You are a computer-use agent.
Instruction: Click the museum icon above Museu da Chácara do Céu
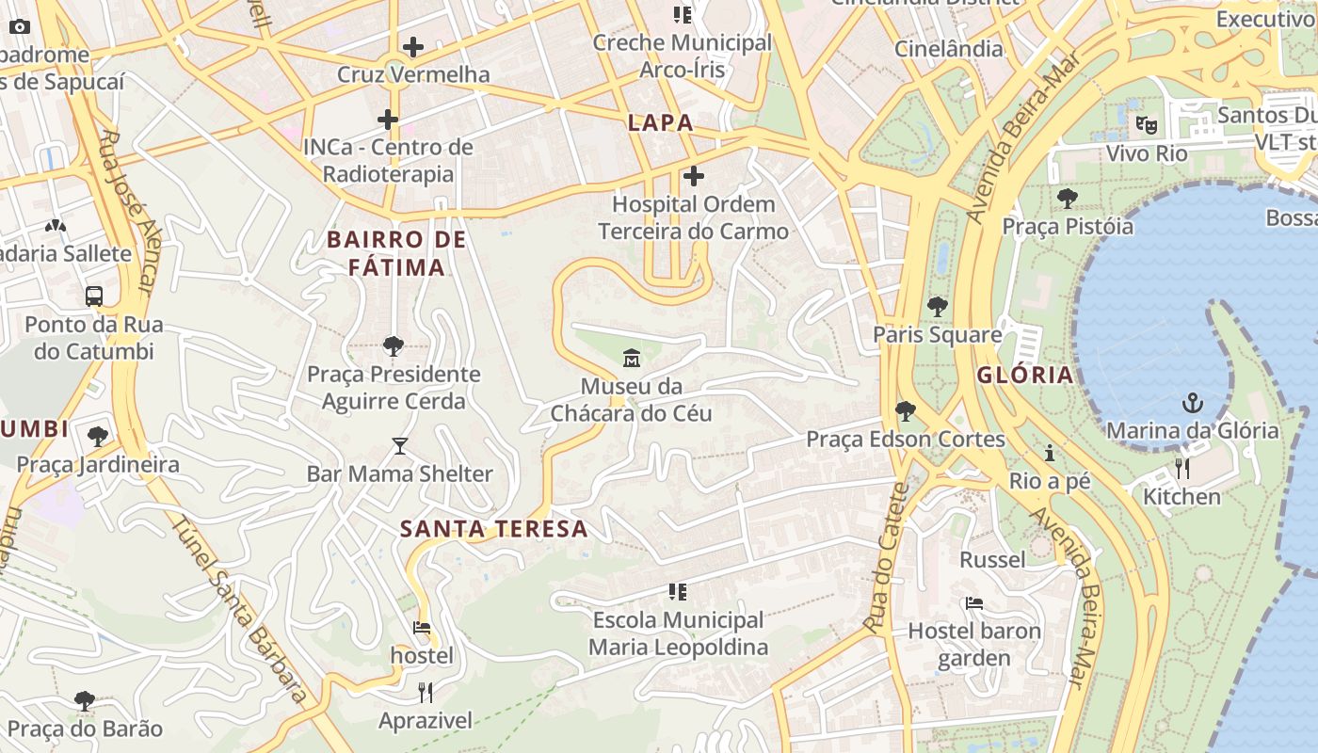[x=631, y=358]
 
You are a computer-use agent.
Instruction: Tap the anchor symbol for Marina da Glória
[x=1193, y=404]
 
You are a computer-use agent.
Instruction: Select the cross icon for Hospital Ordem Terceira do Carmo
[x=694, y=176]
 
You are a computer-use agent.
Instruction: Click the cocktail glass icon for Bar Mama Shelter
[x=400, y=446]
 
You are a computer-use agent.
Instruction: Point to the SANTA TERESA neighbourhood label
[x=494, y=529]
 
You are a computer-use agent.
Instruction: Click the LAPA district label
[x=661, y=122]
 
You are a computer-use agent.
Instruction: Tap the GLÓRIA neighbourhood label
[x=1025, y=375]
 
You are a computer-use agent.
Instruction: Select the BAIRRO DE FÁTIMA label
[x=396, y=253]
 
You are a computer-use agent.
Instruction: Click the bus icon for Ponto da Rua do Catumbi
[x=94, y=296]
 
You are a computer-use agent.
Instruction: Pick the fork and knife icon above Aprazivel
[x=426, y=694]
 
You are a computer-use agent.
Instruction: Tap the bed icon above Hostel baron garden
[x=974, y=602]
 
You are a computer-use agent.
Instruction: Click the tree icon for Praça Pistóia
[x=1068, y=199]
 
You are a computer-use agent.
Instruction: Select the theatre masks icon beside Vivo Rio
[x=1146, y=124]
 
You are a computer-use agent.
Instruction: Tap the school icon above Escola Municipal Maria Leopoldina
[x=678, y=592]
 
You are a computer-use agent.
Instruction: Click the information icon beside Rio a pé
[x=1050, y=454]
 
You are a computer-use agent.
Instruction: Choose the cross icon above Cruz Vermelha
[x=412, y=47]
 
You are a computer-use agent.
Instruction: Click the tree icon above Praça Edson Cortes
[x=905, y=411]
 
